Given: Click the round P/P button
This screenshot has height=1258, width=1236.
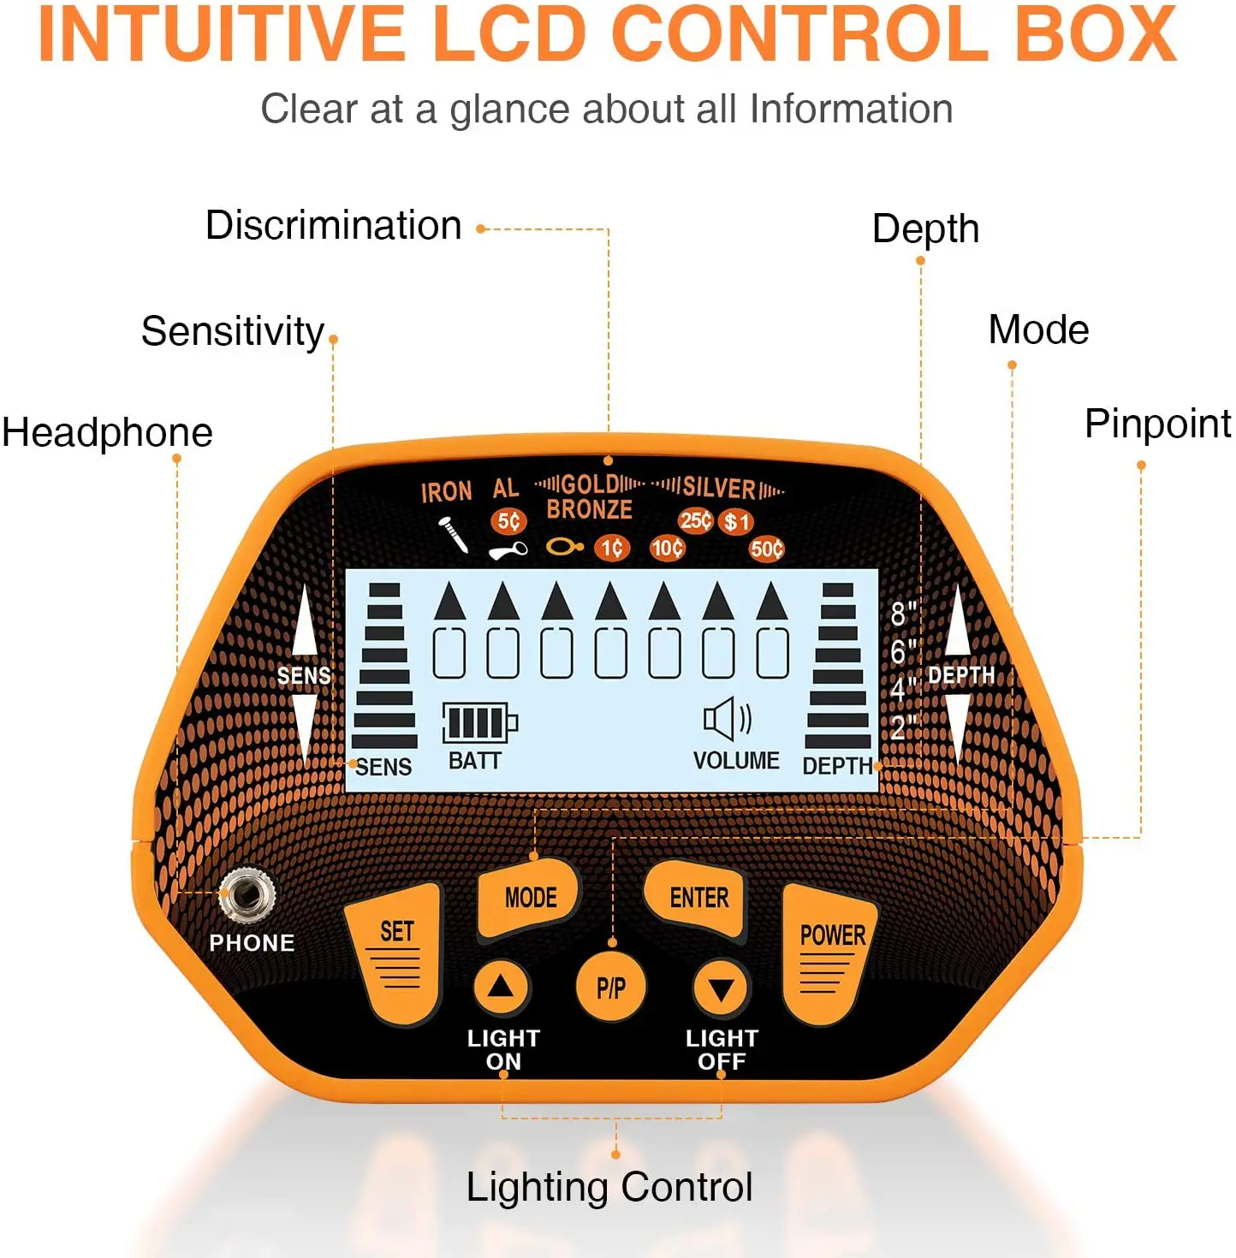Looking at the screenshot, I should [610, 988].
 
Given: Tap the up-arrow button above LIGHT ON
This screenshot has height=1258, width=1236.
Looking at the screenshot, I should [501, 988].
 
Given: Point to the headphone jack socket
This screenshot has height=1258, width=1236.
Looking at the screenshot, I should [247, 894].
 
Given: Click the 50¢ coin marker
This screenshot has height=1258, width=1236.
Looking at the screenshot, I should [766, 549].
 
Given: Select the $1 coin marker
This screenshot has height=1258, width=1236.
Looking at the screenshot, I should [736, 521].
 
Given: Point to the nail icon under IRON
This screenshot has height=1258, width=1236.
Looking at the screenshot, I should [453, 534].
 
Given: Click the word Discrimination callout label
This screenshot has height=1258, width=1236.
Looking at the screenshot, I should [333, 226].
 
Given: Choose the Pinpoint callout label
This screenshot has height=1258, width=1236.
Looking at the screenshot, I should [1157, 424].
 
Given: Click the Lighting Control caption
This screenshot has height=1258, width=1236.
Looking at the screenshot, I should [609, 1187].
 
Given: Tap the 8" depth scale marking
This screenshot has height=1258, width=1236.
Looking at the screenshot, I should [902, 613].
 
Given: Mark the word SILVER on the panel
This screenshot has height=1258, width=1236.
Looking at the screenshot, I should [719, 489].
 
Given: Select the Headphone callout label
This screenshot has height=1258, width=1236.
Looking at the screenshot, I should [107, 432].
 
